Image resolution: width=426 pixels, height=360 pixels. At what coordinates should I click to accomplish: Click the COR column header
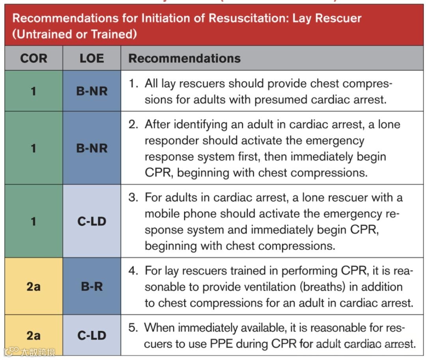point(34,58)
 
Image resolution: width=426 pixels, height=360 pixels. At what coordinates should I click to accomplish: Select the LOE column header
point(92,58)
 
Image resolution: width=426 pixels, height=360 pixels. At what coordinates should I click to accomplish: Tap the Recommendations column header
point(185,58)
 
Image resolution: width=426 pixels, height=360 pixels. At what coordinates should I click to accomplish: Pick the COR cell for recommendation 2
point(34,148)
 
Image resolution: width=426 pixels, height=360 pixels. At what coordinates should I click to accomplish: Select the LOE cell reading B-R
point(92,286)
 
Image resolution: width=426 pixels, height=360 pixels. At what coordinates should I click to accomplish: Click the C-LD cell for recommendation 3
point(92,221)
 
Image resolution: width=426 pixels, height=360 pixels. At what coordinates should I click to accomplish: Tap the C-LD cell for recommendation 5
point(92,335)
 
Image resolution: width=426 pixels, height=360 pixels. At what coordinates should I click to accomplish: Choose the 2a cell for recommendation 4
point(34,286)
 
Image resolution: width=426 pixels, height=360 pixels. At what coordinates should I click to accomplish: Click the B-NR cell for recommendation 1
point(92,91)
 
